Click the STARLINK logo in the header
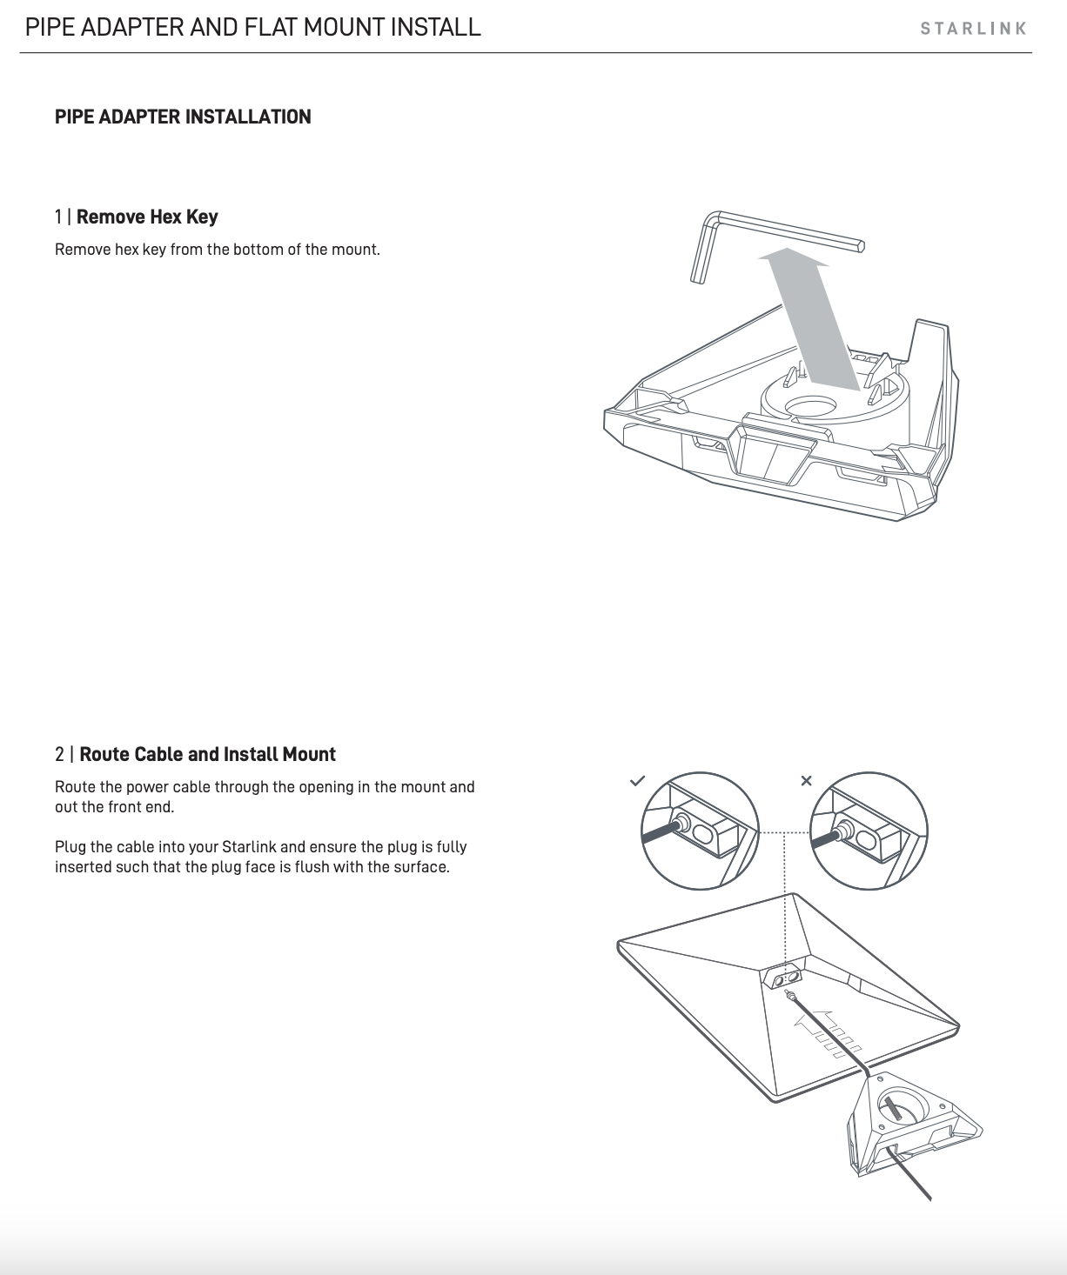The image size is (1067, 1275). pyautogui.click(x=974, y=29)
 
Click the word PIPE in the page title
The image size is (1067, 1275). pyautogui.click(x=50, y=28)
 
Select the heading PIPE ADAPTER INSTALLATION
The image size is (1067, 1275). pyautogui.click(x=183, y=117)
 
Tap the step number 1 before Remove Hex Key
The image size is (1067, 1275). pyautogui.click(x=58, y=217)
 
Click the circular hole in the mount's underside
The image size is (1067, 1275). pyautogui.click(x=814, y=406)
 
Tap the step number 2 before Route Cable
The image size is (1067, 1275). pyautogui.click(x=59, y=754)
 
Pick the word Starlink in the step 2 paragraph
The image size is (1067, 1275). pyautogui.click(x=249, y=847)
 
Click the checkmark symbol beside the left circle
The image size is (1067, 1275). pyautogui.click(x=637, y=780)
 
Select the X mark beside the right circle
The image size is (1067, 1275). pyautogui.click(x=806, y=780)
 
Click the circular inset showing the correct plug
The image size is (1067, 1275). pyautogui.click(x=700, y=831)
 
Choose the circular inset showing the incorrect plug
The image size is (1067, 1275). pyautogui.click(x=869, y=831)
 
